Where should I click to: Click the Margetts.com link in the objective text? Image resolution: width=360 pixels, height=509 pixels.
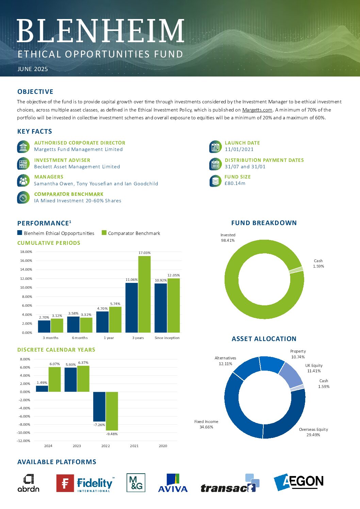point(257,110)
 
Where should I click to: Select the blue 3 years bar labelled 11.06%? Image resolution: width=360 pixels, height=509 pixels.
point(132,308)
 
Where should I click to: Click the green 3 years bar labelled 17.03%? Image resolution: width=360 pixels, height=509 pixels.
point(144,294)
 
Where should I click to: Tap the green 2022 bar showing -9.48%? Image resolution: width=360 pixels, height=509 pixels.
point(112,411)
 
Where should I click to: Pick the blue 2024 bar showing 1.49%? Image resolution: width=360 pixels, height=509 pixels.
point(42,389)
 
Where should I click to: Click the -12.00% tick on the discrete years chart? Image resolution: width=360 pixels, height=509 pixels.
point(23,441)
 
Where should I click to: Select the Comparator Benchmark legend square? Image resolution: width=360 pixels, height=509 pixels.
point(104,233)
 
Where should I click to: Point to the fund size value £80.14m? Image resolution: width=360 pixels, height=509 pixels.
point(235,183)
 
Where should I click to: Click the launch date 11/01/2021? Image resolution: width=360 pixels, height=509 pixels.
point(239,149)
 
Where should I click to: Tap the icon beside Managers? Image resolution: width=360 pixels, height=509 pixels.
point(23,181)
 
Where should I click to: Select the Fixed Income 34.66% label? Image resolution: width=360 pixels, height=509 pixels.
point(206,424)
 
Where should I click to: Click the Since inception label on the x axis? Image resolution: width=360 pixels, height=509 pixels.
point(167,338)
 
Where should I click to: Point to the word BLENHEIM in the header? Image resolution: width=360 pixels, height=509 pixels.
point(100,31)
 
